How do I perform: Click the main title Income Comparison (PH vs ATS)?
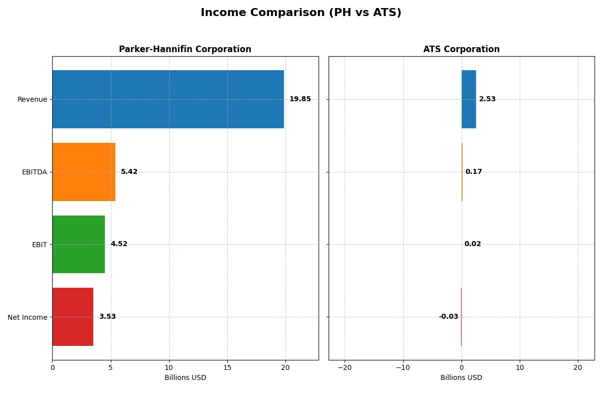click(x=301, y=13)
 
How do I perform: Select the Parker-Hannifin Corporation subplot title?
click(x=185, y=49)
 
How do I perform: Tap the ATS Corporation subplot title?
click(x=461, y=49)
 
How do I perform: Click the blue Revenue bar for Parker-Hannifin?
click(x=168, y=99)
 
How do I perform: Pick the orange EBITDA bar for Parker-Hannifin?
click(x=84, y=172)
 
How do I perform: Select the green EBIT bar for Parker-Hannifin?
click(x=78, y=244)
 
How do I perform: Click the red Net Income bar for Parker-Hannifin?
click(x=73, y=317)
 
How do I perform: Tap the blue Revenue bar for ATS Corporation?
click(x=469, y=99)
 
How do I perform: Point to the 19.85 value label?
click(x=300, y=99)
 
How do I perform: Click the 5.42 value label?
click(x=129, y=172)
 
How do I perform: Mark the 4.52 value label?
click(x=119, y=244)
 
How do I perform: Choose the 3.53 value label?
click(x=107, y=317)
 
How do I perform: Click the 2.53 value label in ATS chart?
click(x=487, y=99)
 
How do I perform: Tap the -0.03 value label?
click(x=448, y=317)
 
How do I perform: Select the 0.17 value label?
click(x=474, y=172)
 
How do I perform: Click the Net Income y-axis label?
click(x=27, y=317)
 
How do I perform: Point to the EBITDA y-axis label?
click(x=34, y=172)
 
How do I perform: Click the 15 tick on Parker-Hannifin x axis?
click(x=227, y=368)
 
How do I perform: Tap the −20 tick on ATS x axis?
click(x=345, y=368)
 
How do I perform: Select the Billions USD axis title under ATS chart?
click(x=461, y=378)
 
